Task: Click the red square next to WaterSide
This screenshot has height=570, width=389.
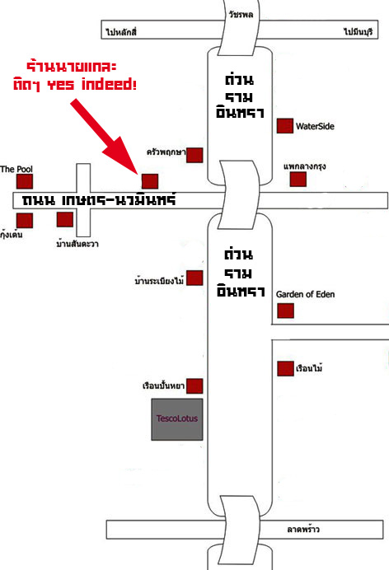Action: (x=285, y=126)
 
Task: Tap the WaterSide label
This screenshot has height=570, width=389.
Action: (x=315, y=127)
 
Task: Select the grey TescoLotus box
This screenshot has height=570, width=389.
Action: (x=177, y=419)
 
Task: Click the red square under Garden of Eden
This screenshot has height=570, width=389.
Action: (x=285, y=311)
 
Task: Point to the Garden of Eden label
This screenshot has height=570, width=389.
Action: (x=306, y=294)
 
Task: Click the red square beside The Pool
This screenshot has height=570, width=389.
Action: (x=25, y=181)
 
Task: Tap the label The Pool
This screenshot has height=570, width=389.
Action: (x=16, y=169)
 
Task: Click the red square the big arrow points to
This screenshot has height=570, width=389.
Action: (x=150, y=181)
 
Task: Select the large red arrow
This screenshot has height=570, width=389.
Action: (x=104, y=136)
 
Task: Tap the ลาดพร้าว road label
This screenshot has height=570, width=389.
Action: (x=303, y=530)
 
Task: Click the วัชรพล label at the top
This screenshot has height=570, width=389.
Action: (x=241, y=15)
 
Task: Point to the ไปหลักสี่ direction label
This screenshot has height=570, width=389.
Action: (x=121, y=32)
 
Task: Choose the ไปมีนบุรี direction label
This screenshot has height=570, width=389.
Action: (x=359, y=31)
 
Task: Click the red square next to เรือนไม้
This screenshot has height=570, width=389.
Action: (x=285, y=369)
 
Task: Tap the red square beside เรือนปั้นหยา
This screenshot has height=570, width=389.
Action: (x=194, y=386)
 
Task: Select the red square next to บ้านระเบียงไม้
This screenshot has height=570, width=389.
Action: (x=194, y=278)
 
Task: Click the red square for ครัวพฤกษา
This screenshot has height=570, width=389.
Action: (x=194, y=155)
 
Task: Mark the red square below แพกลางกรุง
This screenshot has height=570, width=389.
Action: (x=298, y=180)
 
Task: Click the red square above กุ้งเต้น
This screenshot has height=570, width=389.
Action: (x=25, y=221)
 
